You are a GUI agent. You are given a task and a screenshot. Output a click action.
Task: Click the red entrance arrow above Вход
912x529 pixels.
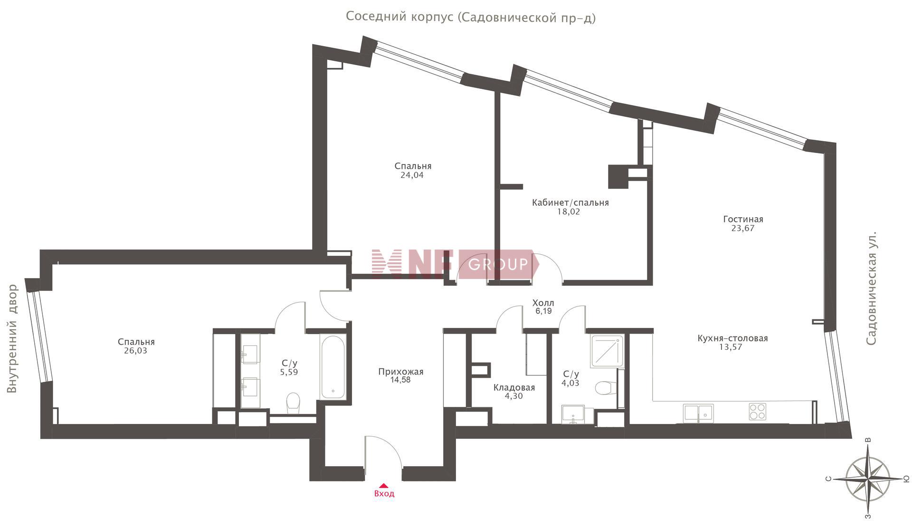coord(384,486)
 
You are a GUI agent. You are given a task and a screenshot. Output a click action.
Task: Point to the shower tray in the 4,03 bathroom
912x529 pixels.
coord(607,351)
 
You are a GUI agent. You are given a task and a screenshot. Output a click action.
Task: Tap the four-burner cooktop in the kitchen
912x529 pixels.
coord(757,411)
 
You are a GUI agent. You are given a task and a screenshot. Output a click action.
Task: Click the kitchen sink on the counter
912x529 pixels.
coord(698,413)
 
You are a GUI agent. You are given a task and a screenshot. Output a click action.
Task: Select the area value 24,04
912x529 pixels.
coord(412,175)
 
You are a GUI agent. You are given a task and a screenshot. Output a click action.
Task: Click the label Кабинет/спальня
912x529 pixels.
coord(570,202)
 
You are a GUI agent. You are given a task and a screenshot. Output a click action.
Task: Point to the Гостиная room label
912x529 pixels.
coord(743,219)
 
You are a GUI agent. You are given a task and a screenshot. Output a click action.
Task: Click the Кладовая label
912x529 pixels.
coord(514,387)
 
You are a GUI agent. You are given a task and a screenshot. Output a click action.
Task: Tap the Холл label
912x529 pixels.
coord(543,303)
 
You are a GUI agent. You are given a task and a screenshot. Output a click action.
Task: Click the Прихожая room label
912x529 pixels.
coord(400,372)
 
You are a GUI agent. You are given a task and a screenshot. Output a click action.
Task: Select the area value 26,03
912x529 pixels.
coord(135,351)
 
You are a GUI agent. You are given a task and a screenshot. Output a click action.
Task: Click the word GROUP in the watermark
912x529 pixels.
coord(498,264)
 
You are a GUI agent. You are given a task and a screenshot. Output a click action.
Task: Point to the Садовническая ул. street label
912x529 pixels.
coord(871,289)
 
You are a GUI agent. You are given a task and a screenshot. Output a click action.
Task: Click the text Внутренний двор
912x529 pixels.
coord(13,338)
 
